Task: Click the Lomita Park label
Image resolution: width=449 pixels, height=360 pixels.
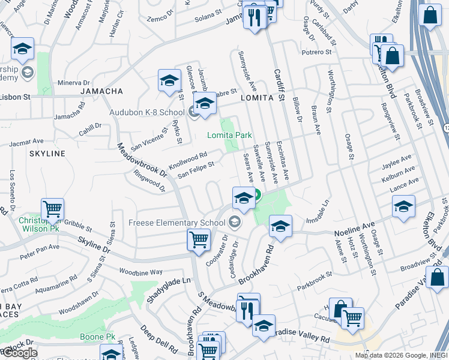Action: tap(229, 136)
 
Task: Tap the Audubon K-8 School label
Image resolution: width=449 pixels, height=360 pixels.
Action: tap(146, 112)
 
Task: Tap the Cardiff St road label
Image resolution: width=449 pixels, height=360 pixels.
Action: tap(278, 78)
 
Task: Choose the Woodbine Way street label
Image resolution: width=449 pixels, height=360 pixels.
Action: tap(140, 272)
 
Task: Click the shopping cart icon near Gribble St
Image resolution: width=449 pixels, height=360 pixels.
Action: tap(52, 209)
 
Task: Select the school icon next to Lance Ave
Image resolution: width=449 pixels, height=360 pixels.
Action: tap(403, 207)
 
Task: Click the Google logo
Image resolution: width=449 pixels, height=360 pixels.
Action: tap(20, 353)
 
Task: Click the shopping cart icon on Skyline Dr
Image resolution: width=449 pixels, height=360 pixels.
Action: tap(199, 239)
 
